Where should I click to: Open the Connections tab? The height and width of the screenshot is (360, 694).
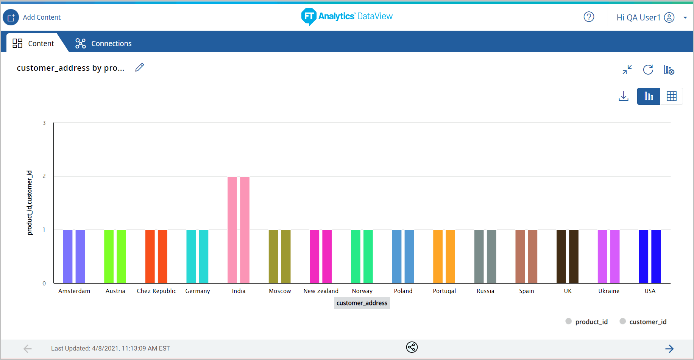(103, 44)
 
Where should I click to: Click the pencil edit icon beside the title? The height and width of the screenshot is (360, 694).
(140, 67)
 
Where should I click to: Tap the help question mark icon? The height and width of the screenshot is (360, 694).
(589, 17)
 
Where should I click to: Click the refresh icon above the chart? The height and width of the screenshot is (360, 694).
(648, 70)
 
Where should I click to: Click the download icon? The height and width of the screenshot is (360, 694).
(624, 96)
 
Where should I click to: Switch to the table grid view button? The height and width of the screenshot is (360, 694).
(672, 96)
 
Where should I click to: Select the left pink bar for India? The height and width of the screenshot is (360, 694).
(232, 230)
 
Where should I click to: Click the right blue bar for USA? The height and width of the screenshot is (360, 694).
(656, 256)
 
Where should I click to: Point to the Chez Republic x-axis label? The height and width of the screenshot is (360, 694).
(156, 291)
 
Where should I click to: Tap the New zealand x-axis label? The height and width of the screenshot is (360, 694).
(321, 291)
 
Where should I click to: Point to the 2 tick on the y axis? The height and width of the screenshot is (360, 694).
(44, 176)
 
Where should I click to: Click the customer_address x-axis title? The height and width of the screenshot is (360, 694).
(362, 303)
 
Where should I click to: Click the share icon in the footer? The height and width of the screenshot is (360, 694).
(412, 347)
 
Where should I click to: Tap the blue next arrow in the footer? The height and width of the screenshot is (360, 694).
(669, 349)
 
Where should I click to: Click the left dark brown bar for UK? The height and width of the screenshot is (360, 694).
(561, 256)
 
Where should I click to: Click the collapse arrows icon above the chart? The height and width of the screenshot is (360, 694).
(627, 70)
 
